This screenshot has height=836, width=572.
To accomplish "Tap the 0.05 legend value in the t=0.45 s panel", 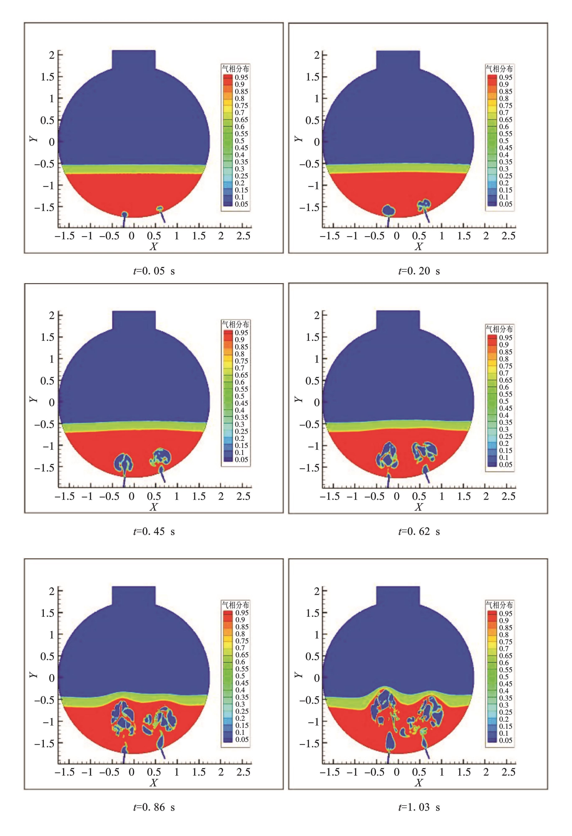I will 241,459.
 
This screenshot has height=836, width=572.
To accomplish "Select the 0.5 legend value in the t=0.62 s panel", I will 504,401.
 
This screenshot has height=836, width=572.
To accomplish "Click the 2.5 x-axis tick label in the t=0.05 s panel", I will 243,236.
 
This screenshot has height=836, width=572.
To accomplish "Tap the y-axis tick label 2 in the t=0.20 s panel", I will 316,55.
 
